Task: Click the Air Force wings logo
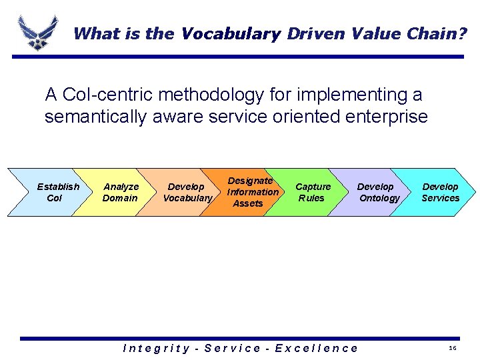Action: point(37,31)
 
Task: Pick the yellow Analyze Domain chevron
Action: point(120,192)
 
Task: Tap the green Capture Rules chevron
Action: point(312,192)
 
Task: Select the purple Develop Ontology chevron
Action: point(377,192)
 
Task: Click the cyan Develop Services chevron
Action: point(440,192)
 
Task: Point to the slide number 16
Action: point(452,349)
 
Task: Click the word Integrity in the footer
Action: point(159,348)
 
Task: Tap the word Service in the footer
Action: point(233,348)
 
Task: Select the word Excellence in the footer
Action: point(317,348)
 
